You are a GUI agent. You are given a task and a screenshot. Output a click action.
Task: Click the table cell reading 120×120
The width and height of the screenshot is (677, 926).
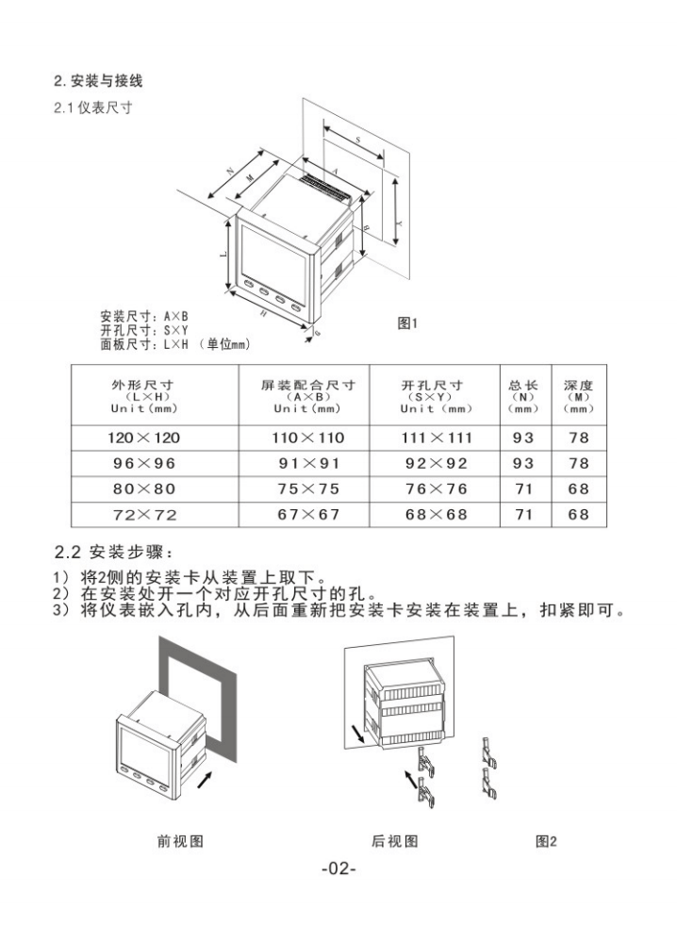pos(143,438)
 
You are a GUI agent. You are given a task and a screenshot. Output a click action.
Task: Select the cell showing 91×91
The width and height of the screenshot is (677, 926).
pos(308,463)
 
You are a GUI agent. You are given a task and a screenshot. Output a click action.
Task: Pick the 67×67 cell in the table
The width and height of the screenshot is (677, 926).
pos(308,515)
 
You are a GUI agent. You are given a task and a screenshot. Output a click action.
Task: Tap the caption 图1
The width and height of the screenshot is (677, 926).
pos(408,323)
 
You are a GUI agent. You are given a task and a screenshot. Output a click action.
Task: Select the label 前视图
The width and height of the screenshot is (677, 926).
pos(180,840)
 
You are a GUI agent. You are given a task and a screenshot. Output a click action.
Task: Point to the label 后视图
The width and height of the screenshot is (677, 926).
pos(395,840)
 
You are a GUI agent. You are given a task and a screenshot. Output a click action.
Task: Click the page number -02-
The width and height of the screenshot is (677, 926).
pos(338,868)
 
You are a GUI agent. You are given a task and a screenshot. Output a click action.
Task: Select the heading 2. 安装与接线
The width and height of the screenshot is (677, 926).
pos(99,81)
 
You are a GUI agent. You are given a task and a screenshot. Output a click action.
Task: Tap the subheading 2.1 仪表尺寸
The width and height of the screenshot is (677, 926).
pos(92,107)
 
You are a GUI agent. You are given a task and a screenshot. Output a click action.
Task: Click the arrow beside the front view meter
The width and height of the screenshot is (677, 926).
pos(206,778)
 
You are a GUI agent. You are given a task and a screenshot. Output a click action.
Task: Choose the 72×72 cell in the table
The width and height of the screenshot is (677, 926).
pos(143,515)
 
